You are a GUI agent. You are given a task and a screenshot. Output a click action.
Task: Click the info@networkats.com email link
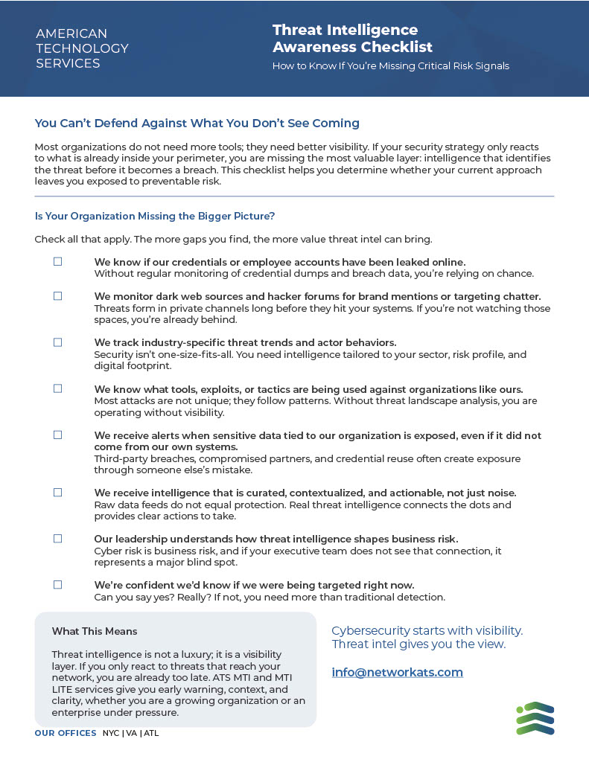click(x=397, y=673)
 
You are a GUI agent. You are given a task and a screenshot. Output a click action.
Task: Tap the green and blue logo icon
click(x=535, y=718)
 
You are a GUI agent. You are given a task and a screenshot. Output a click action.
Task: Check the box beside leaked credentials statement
click(x=57, y=262)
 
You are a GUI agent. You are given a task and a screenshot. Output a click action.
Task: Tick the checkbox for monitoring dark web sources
click(x=57, y=296)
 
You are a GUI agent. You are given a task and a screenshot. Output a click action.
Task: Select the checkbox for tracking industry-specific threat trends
click(x=57, y=342)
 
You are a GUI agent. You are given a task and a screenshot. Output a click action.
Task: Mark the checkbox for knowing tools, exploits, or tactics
click(x=57, y=388)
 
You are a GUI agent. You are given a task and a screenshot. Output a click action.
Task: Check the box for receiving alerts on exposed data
click(x=57, y=435)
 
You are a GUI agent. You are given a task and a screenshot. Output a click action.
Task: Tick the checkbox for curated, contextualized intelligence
click(x=57, y=493)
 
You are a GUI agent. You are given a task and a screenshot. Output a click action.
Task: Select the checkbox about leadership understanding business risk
click(x=57, y=539)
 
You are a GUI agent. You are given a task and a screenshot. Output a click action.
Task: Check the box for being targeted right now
click(x=57, y=585)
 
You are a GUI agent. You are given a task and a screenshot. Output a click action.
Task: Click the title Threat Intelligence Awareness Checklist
click(x=352, y=39)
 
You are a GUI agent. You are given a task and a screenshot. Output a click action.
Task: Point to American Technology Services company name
click(x=82, y=48)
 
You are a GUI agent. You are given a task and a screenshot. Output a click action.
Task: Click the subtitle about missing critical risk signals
click(x=390, y=66)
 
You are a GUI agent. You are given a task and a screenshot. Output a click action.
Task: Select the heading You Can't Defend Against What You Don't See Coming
click(x=197, y=123)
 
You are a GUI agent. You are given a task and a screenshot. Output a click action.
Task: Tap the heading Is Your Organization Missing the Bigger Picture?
click(x=155, y=217)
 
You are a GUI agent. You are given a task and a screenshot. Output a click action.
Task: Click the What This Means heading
click(x=95, y=631)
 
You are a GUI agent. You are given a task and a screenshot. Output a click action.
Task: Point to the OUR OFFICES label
click(x=66, y=733)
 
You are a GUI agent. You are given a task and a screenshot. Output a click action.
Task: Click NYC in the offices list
click(x=111, y=733)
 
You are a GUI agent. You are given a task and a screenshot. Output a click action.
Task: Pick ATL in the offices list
click(x=151, y=733)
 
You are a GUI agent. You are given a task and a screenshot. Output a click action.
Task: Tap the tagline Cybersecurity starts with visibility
click(x=427, y=631)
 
